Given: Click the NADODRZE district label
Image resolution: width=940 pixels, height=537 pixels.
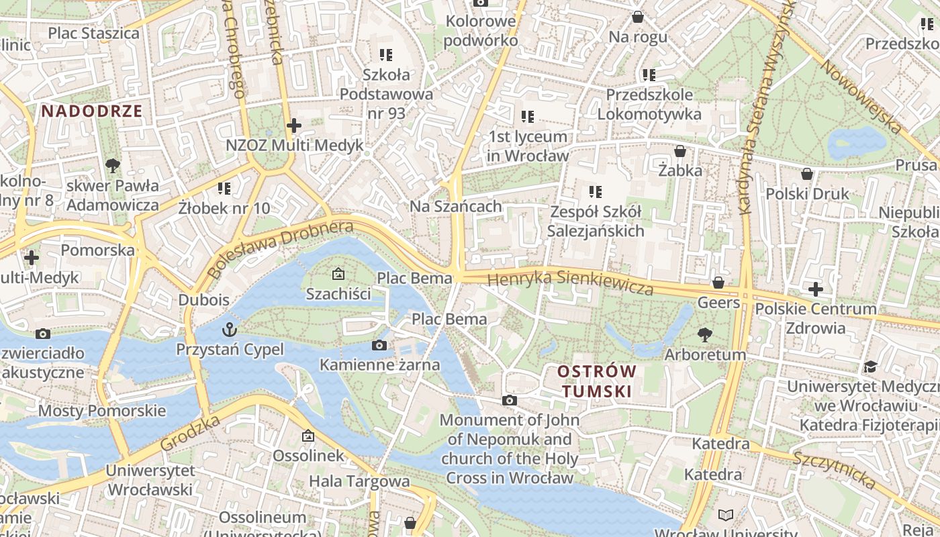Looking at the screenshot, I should click(x=92, y=111).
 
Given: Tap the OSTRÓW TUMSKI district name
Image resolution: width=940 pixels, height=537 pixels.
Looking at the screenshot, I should click(x=597, y=381).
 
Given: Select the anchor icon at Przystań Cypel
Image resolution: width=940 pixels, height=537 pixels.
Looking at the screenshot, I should click(x=230, y=329).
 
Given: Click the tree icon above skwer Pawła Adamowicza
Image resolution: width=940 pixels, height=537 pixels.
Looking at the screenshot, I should click(x=113, y=165).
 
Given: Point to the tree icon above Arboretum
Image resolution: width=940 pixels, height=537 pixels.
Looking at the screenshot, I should click(x=704, y=334).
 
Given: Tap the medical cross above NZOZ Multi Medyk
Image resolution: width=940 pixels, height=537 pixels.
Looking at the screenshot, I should click(x=293, y=125).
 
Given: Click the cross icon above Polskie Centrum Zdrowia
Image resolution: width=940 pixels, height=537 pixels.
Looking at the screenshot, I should click(x=816, y=289).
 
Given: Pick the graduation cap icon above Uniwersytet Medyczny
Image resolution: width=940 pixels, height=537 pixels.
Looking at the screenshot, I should click(x=871, y=367).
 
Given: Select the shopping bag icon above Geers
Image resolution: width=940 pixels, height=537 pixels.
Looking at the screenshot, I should click(x=718, y=283).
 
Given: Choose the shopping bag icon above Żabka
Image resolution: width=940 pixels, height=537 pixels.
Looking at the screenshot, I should click(x=680, y=151).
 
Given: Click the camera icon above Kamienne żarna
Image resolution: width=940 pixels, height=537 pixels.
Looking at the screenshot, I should click(x=379, y=345).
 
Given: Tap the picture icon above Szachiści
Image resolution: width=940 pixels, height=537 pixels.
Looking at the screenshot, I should click(x=338, y=274).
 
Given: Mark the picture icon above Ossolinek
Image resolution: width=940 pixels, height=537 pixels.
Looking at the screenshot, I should click(x=308, y=436).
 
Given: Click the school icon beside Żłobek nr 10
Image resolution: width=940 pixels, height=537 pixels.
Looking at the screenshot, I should click(x=224, y=189).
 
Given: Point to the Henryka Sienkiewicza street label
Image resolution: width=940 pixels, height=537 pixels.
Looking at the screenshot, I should click(x=570, y=281).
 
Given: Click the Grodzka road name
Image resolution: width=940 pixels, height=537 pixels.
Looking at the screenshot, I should click(x=191, y=432).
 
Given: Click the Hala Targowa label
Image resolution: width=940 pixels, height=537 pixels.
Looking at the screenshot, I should click(x=359, y=481).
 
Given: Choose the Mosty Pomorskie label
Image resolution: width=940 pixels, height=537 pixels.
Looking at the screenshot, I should click(x=102, y=411).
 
